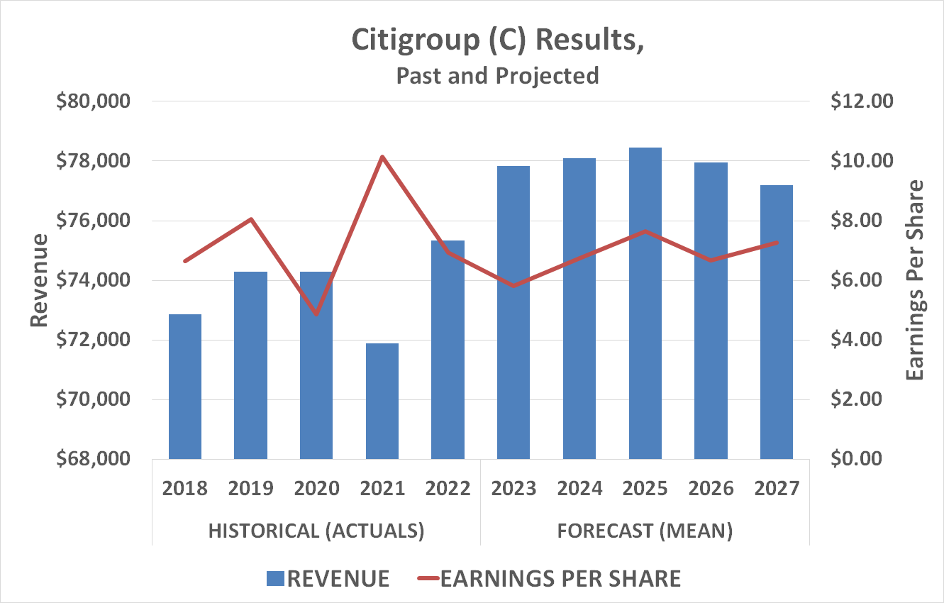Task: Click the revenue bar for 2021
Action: coord(382,401)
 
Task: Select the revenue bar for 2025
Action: coord(645,303)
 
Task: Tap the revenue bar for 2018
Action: coord(185,386)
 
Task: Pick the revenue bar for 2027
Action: coord(777,321)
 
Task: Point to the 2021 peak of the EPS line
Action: coord(382,157)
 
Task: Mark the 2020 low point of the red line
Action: coord(316,314)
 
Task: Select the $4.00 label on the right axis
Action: coord(861,340)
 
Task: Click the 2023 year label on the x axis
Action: coord(513,489)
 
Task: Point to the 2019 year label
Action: coord(250,489)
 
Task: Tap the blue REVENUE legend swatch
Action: coord(274,578)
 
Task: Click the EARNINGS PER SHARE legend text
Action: coord(560,578)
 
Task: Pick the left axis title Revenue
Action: coord(40,280)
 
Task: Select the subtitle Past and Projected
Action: coord(497,75)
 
